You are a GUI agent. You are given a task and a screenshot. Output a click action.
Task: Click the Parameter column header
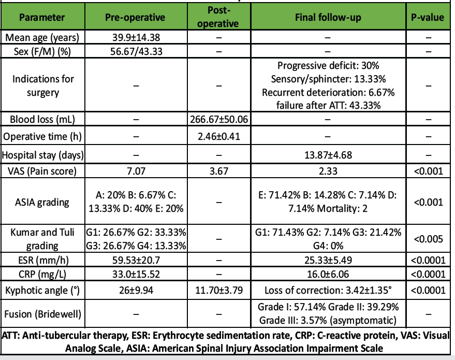click(42, 17)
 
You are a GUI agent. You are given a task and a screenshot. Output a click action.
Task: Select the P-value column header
click(428, 17)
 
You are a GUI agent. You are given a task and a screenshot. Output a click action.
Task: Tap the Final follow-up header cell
click(328, 17)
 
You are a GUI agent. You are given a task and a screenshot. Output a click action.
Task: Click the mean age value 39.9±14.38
click(135, 37)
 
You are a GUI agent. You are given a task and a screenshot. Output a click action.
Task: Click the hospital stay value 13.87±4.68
click(328, 155)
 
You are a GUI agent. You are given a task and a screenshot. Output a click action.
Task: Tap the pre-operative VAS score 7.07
click(135, 171)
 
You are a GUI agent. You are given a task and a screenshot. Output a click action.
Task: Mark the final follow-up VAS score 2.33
click(328, 171)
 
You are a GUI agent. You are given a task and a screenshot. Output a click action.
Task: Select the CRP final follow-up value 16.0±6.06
click(328, 274)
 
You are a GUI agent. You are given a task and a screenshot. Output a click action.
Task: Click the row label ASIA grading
click(42, 203)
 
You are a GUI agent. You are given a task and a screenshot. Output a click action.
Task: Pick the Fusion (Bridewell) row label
click(42, 313)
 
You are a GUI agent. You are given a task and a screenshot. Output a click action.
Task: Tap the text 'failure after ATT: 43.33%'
click(328, 105)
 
